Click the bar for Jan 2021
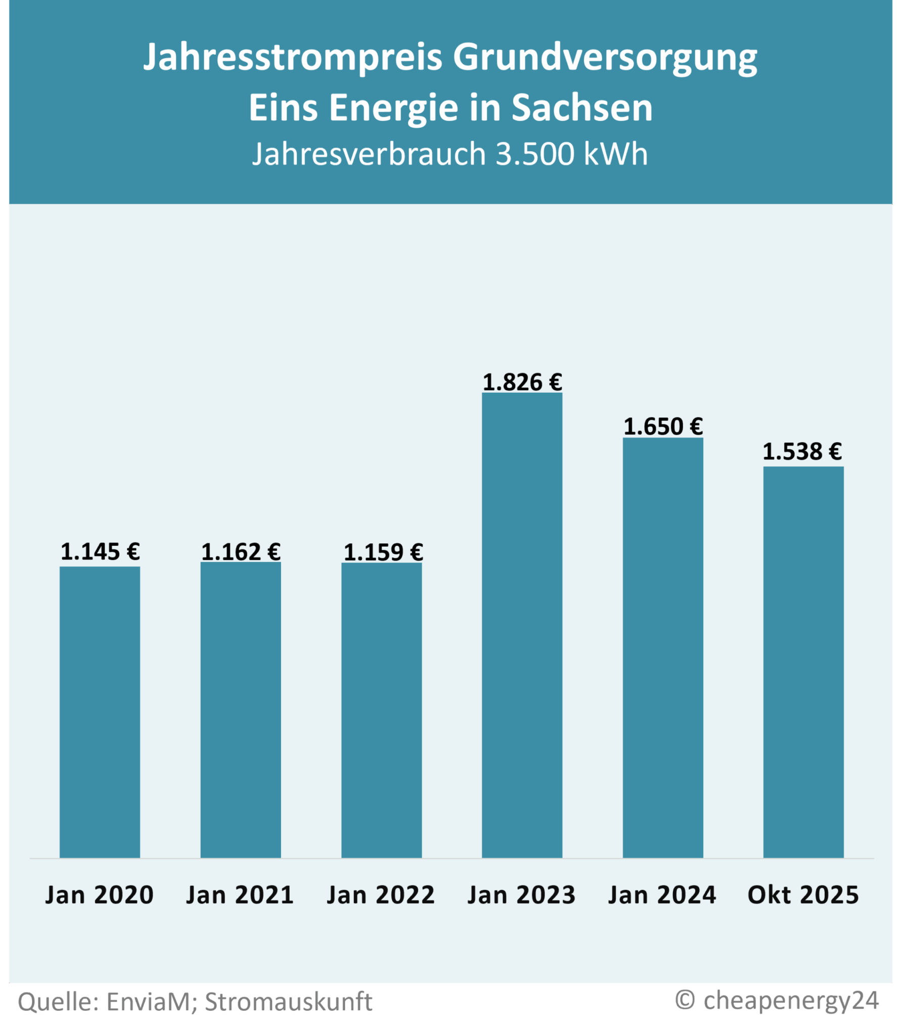(241, 710)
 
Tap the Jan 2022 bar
(381, 710)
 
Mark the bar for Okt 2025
(803, 662)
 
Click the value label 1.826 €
(522, 382)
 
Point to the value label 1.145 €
(100, 551)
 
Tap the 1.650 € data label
(663, 427)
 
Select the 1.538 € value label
(802, 451)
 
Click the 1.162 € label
(241, 552)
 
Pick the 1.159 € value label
(383, 552)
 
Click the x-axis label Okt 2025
(803, 896)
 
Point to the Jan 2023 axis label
(521, 896)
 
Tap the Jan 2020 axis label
(100, 896)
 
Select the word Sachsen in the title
(582, 108)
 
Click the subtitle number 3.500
(535, 154)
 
